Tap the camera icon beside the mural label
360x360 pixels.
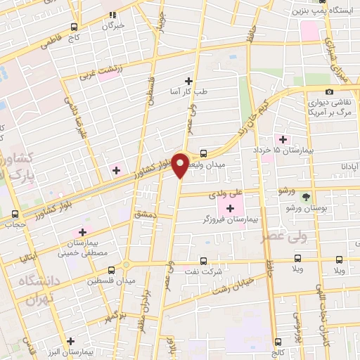[329, 92]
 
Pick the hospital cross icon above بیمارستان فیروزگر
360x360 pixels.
[230, 207]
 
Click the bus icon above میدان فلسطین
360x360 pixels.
[111, 270]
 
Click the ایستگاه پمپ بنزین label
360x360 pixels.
[327, 11]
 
